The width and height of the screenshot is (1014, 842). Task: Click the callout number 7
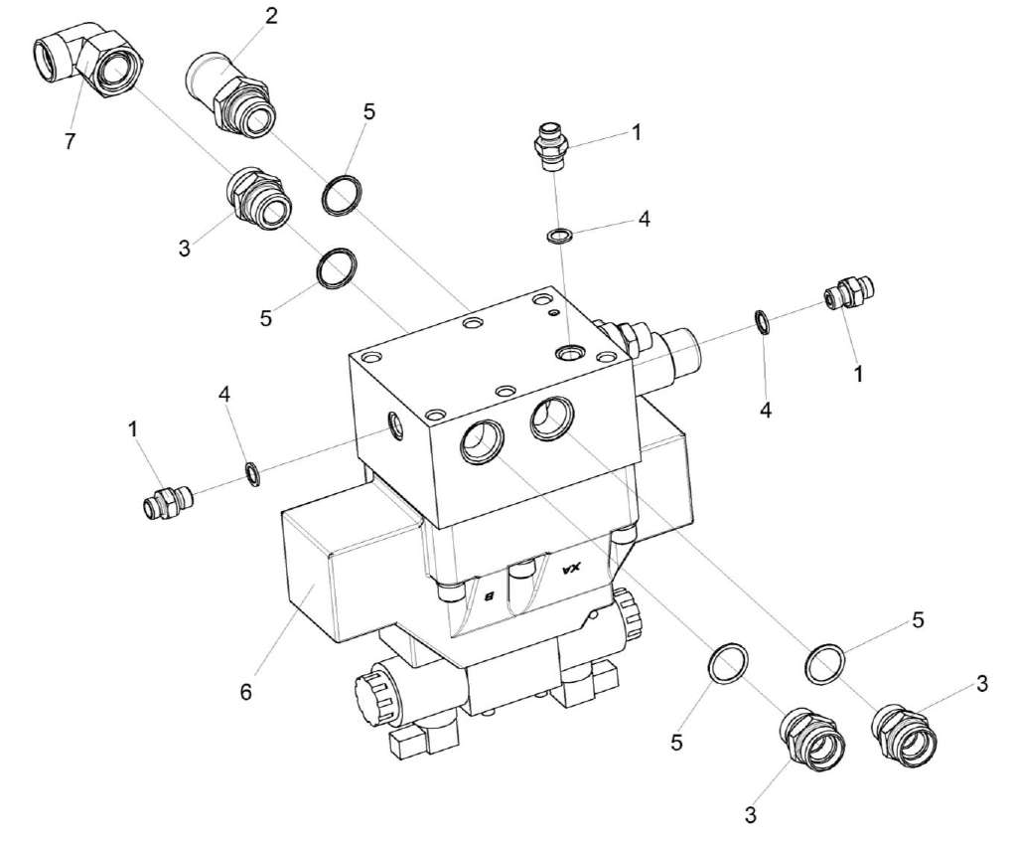[x=70, y=140]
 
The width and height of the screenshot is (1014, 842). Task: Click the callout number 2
[x=270, y=16]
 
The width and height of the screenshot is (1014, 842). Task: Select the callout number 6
[x=245, y=691]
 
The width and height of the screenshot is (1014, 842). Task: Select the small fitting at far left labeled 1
[x=167, y=500]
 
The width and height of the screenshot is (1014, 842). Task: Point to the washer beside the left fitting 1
[x=253, y=474]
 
